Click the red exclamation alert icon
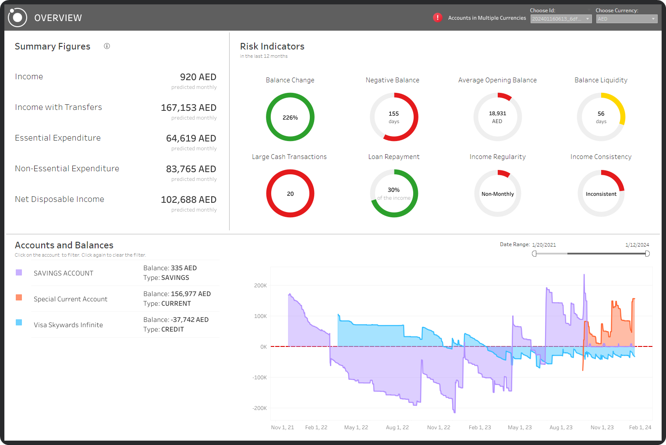point(437,18)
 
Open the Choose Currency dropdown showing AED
point(627,19)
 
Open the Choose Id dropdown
point(561,19)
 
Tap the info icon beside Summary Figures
point(107,46)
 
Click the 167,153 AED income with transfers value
point(188,108)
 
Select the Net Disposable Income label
point(60,199)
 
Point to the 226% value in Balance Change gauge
point(290,117)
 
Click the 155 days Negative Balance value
point(394,114)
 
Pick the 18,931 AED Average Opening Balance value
point(497,113)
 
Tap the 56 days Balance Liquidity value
point(601,114)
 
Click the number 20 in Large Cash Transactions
point(290,194)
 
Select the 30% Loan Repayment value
point(393,190)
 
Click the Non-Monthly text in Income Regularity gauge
point(497,194)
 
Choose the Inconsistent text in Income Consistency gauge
point(601,194)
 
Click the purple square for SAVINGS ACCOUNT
point(19,272)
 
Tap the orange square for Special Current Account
point(19,297)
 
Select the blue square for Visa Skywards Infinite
point(19,322)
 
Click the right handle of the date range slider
point(647,254)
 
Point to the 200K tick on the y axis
point(260,286)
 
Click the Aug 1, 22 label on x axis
point(397,427)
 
